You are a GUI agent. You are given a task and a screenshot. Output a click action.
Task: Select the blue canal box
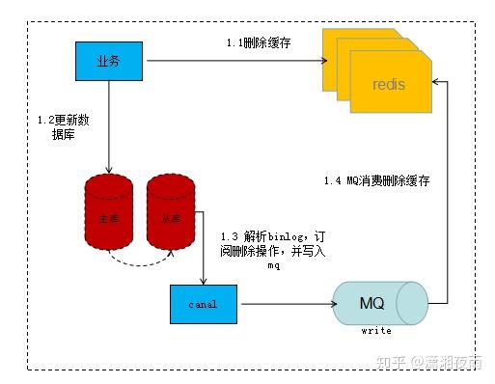click(x=204, y=304)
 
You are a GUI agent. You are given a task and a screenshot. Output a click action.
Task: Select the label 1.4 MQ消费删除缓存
click(x=377, y=180)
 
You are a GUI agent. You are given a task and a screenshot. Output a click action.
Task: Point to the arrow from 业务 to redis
click(x=232, y=61)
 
